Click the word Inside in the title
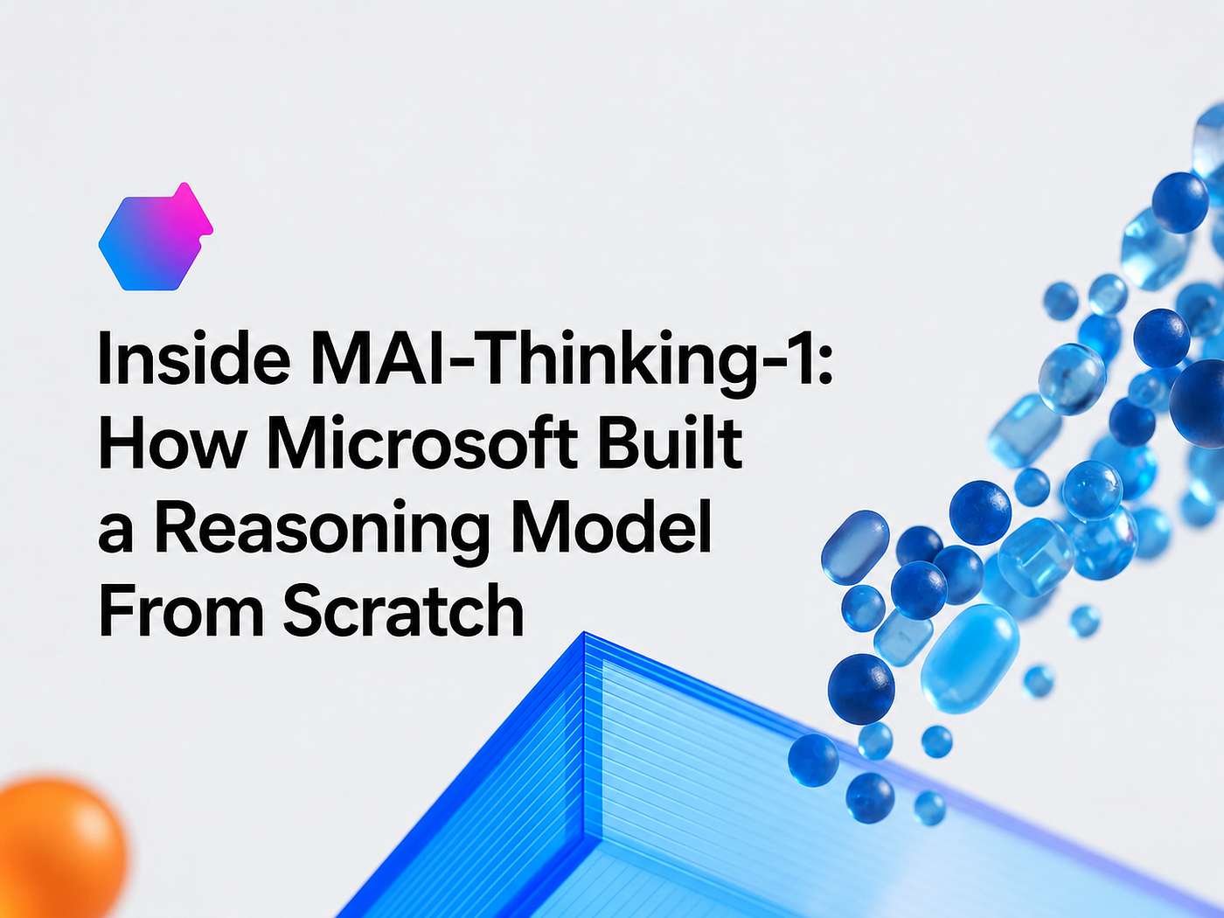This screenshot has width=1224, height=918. (194, 358)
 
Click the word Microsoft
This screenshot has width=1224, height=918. (422, 442)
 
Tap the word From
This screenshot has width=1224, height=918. (181, 609)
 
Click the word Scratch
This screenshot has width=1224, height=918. (404, 609)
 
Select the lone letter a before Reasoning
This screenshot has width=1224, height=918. (115, 532)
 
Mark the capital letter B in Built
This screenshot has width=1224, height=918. (619, 442)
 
